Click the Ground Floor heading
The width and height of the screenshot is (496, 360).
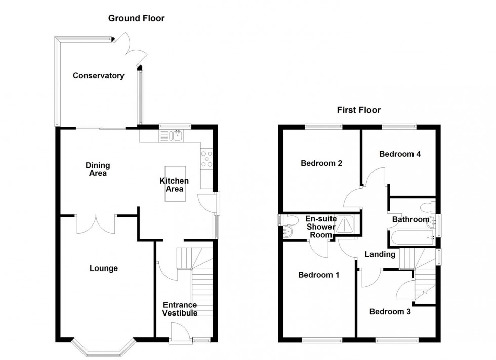pyautogui.click(x=137, y=18)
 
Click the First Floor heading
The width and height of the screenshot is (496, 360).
pyautogui.click(x=359, y=110)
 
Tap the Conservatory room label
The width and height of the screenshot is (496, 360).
pyautogui.click(x=98, y=76)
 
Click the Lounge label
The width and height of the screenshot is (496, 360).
pyautogui.click(x=103, y=268)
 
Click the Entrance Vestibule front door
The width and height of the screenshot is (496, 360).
pyautogui.click(x=179, y=334)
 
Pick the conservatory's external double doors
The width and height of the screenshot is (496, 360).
pyautogui.click(x=129, y=51)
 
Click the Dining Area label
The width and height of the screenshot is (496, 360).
pyautogui.click(x=98, y=169)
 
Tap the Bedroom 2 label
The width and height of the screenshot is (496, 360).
pyautogui.click(x=321, y=163)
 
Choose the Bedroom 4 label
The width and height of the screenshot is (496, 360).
pyautogui.click(x=400, y=154)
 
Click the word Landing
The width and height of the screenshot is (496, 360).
pyautogui.click(x=380, y=254)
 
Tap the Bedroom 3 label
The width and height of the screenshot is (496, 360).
pyautogui.click(x=390, y=312)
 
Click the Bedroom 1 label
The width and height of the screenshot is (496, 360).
pyautogui.click(x=318, y=275)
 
